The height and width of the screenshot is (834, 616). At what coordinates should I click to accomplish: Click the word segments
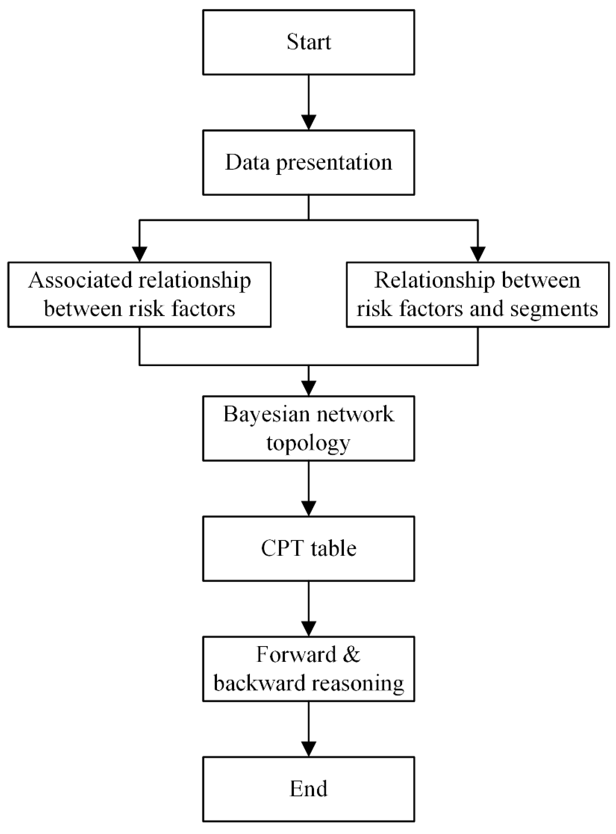[554, 310]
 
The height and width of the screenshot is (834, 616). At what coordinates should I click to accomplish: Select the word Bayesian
[266, 415]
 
